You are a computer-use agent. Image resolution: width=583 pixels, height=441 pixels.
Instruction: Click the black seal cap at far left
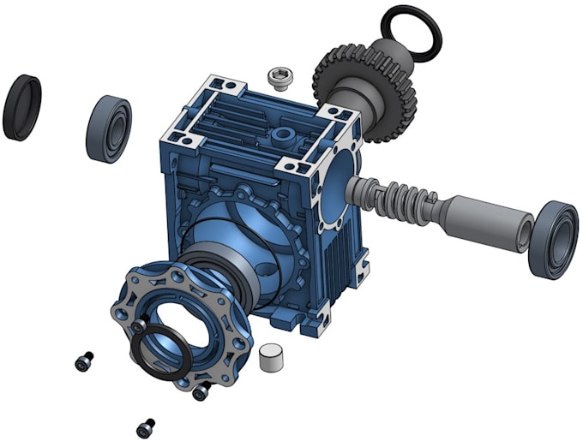pyautogui.click(x=22, y=106)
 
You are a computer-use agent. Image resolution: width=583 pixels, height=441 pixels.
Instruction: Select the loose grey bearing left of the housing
pyautogui.click(x=108, y=128)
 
